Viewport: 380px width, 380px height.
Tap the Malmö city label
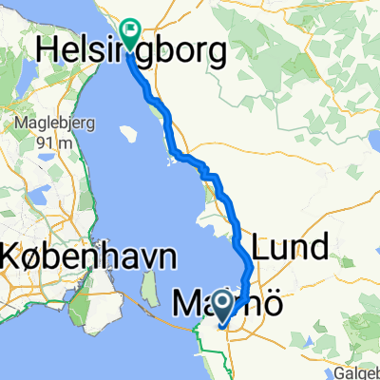223,306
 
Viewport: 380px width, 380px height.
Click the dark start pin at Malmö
223,304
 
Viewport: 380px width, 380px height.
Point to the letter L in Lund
262,247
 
